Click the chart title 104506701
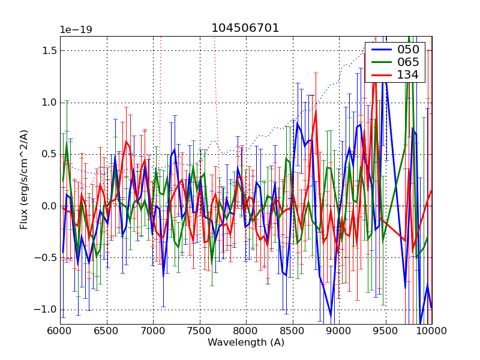pos(245,28)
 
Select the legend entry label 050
pos(408,50)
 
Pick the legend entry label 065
pos(408,62)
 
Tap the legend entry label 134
pos(408,75)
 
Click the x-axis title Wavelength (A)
pos(246,343)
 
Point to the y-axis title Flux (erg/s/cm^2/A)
pos(24,179)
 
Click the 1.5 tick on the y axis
pos(49,51)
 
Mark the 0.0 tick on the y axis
pos(49,206)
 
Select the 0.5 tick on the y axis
pos(49,155)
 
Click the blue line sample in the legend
pos(380,50)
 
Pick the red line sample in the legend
pos(380,75)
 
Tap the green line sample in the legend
pos(380,62)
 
